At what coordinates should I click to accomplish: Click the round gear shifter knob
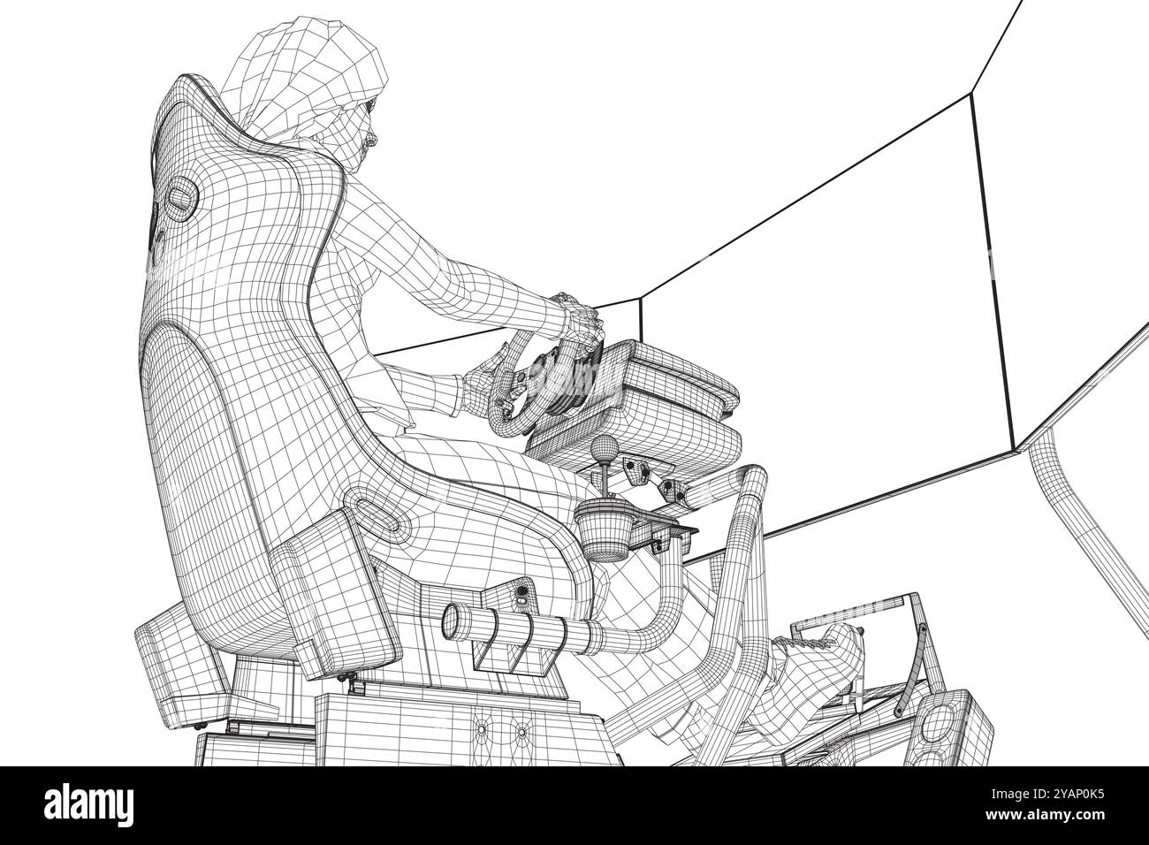point(606,445)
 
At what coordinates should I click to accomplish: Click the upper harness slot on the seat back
point(182,194)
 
